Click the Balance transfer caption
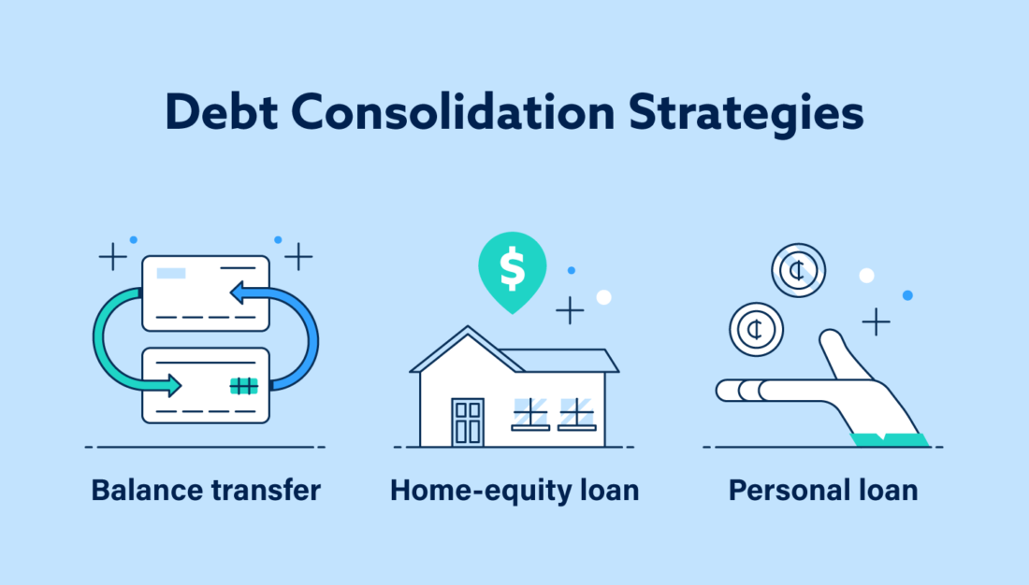pyautogui.click(x=206, y=490)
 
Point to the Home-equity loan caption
pyautogui.click(x=514, y=490)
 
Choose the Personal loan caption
pyautogui.click(x=823, y=490)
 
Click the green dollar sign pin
pyautogui.click(x=512, y=269)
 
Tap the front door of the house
pyautogui.click(x=468, y=421)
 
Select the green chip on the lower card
pyautogui.click(x=243, y=386)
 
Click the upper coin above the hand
pyautogui.click(x=799, y=270)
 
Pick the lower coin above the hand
pyautogui.click(x=756, y=328)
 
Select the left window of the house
pyautogui.click(x=530, y=413)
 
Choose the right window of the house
pyautogui.click(x=576, y=413)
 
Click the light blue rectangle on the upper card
pyautogui.click(x=170, y=273)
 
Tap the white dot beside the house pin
pyautogui.click(x=603, y=297)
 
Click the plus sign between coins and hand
pyautogui.click(x=876, y=322)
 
